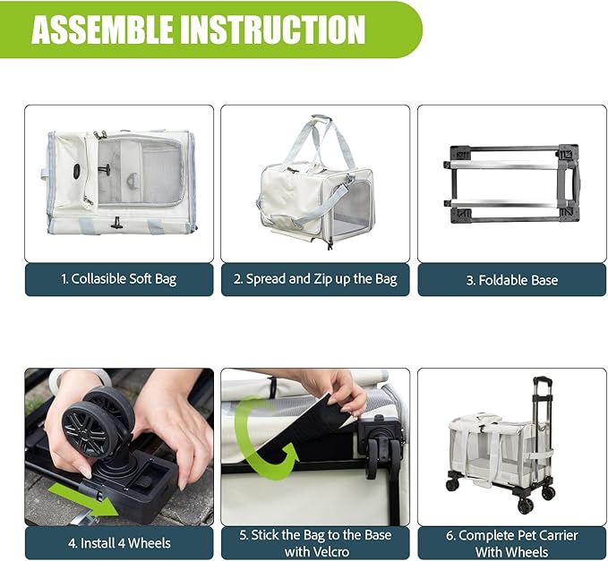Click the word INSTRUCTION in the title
(x=274, y=30)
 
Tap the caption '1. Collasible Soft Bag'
(x=119, y=279)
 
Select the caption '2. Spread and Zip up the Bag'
(x=315, y=279)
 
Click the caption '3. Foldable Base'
(x=511, y=279)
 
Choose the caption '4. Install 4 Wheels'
(x=119, y=542)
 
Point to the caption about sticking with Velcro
(x=315, y=542)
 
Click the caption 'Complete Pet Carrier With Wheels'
(x=511, y=542)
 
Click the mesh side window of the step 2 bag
(x=350, y=206)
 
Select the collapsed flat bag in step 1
(x=119, y=182)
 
